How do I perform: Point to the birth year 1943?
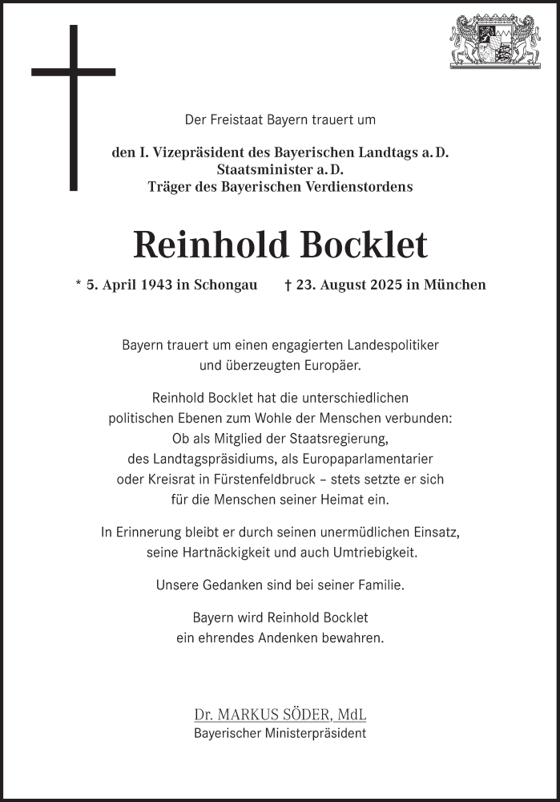pyautogui.click(x=154, y=285)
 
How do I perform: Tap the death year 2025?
pyautogui.click(x=386, y=285)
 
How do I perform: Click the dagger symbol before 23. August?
pyautogui.click(x=288, y=285)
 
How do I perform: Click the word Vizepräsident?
pyautogui.click(x=188, y=152)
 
